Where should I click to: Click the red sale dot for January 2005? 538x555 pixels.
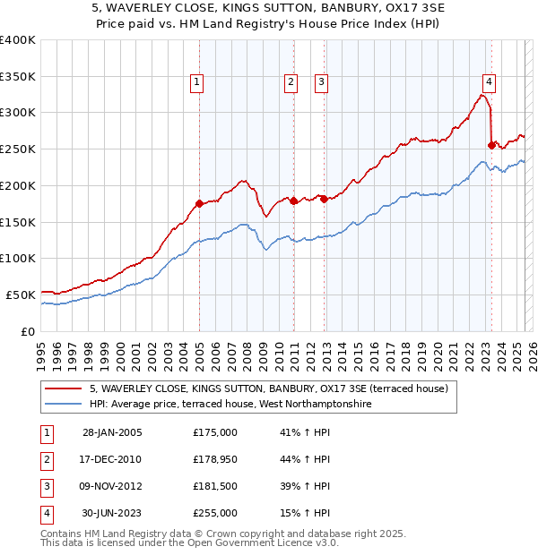point(200,203)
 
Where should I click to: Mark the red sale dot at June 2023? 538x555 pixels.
point(491,145)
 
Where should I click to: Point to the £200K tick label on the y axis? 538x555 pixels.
point(18,185)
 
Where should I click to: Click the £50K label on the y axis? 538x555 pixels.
point(21,295)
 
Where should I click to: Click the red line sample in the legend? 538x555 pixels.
point(65,388)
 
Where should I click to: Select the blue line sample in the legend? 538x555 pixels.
point(65,405)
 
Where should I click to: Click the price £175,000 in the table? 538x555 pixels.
point(215,432)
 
